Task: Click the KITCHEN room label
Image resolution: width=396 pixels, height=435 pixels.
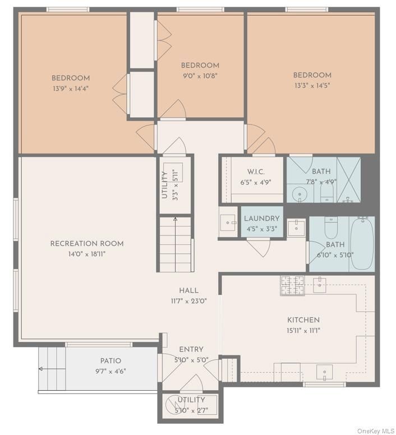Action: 303,320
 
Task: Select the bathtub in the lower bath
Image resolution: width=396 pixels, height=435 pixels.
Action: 362,243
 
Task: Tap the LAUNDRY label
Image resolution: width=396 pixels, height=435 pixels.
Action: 261,219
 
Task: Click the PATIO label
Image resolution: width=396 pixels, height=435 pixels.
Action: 110,361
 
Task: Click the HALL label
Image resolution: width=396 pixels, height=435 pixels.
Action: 188,290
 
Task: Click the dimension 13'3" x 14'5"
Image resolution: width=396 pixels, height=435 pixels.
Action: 312,86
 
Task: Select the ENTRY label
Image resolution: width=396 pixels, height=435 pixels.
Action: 191,349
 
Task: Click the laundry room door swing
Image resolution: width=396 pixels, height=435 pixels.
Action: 259,247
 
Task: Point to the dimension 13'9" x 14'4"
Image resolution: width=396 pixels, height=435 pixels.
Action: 71,89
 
